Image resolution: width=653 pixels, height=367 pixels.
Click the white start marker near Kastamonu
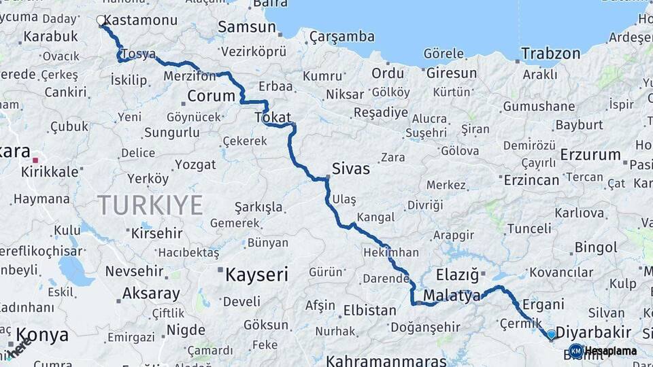pos(101,20)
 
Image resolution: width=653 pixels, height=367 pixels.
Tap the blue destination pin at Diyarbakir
pos(551,334)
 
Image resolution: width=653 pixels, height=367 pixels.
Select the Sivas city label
pos(351,169)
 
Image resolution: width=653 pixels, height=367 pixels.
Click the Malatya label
pos(452,296)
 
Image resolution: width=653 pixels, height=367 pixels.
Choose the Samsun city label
pos(247,27)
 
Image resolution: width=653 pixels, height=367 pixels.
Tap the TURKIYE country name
pos(150,205)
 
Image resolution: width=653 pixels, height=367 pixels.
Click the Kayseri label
pos(256,275)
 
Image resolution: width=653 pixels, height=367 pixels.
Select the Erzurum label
pos(590,155)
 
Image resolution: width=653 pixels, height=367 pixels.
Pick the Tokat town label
pos(273,118)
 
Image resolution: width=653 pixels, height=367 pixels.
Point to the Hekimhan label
pos(391,252)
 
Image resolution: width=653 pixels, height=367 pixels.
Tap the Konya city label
pos(42,335)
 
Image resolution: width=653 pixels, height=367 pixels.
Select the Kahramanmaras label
pos(386,361)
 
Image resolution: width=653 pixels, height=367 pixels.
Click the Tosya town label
pos(138,54)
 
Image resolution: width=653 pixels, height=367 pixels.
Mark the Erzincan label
pos(531,180)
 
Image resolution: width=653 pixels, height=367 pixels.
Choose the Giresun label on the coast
pos(452,73)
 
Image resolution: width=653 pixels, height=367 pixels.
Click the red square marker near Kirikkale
pos(35,160)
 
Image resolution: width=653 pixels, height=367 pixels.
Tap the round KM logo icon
pos(576,351)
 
